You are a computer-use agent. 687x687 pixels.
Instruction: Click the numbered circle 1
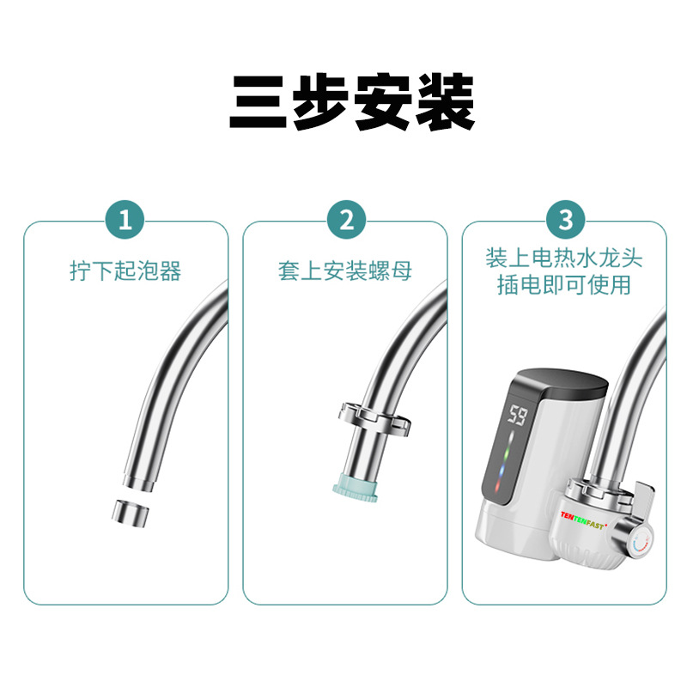pos(125,219)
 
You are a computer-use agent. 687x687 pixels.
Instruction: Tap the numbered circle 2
pos(346,219)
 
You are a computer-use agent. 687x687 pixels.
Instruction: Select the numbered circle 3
pos(566,219)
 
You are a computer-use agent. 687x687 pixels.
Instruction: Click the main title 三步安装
pos(352,102)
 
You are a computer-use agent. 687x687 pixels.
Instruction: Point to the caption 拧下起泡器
pos(125,271)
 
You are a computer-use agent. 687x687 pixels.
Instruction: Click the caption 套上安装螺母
pos(345,271)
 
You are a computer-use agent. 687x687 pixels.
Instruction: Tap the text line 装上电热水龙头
pos(564,258)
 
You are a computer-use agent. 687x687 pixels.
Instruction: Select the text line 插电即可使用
pos(564,285)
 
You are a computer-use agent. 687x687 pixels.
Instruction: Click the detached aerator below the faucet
pos(131,513)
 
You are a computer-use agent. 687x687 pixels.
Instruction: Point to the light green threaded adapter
pos(356,487)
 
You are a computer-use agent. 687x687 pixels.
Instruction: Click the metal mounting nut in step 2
pos(374,418)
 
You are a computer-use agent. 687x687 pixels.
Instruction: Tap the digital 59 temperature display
pos(517,415)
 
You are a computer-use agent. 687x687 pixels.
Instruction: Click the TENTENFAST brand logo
pos(584,520)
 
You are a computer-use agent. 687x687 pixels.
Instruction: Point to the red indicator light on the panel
pos(499,485)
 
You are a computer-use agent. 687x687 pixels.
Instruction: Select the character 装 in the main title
pos(446,102)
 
